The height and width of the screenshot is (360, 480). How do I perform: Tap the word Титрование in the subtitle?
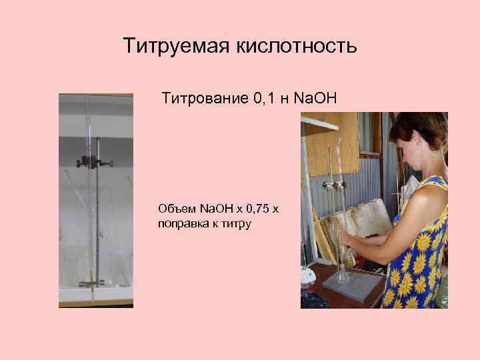(205, 99)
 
